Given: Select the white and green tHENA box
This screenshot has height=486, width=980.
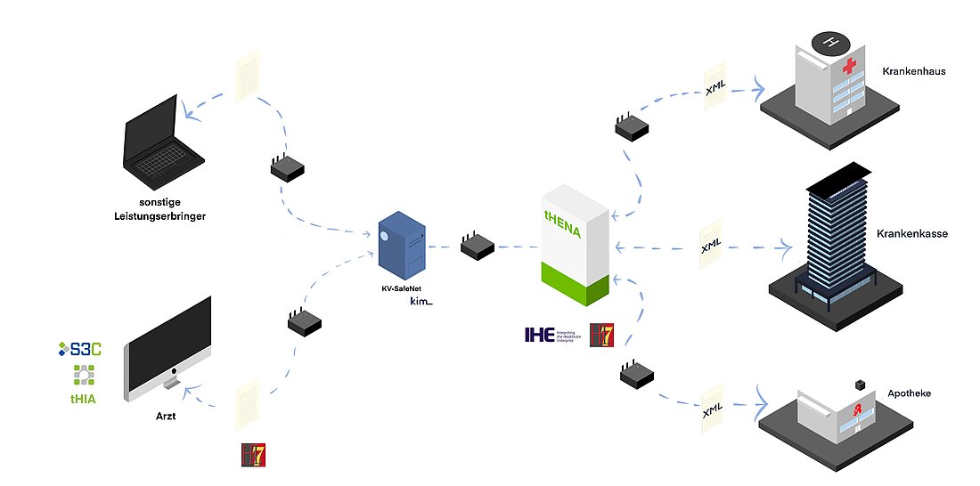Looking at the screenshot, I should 576,245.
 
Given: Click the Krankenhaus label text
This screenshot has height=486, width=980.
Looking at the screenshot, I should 913,71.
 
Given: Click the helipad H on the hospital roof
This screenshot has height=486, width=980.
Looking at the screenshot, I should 832,42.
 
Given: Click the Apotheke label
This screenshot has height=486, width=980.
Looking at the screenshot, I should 909,393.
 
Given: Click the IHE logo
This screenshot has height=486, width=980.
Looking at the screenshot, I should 539,336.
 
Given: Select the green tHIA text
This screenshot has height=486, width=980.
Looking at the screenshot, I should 83,400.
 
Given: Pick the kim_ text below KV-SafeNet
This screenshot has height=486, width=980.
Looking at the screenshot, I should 420,302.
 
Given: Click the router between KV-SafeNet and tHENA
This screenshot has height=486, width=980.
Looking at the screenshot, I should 478,246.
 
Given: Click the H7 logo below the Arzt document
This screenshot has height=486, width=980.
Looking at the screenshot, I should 254,455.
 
